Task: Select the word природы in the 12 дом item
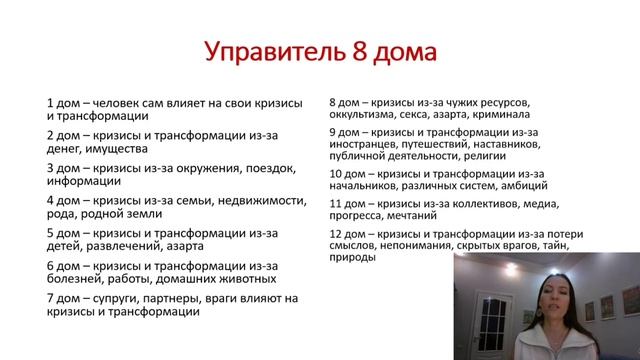352,258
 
